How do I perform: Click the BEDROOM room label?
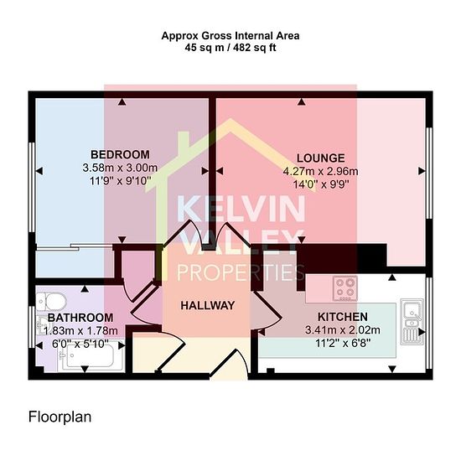[120, 155]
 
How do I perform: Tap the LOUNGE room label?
[320, 158]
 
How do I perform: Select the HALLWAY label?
[208, 305]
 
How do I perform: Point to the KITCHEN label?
[343, 317]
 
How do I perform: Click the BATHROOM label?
[80, 318]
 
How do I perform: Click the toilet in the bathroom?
[52, 301]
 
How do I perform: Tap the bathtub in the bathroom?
[91, 355]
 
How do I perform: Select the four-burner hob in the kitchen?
[345, 288]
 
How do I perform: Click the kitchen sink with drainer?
[412, 322]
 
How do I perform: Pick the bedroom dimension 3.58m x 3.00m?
[120, 168]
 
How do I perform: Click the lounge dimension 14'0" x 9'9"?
[321, 184]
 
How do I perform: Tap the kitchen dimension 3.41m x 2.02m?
[343, 330]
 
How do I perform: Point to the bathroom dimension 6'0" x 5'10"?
[80, 344]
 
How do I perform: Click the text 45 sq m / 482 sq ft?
[230, 48]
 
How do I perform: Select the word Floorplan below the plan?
[60, 417]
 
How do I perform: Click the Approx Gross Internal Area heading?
[230, 36]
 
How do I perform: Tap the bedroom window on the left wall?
[32, 187]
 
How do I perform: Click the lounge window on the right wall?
[429, 173]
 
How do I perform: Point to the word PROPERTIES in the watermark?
[241, 272]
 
